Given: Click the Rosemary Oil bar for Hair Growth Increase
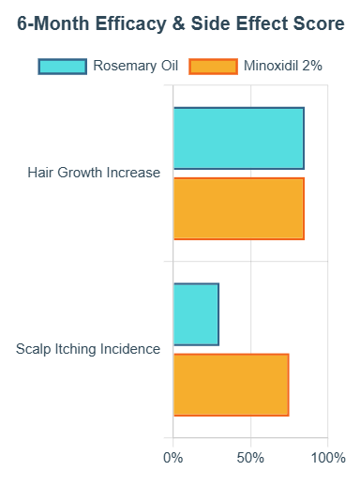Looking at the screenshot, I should pos(238,138).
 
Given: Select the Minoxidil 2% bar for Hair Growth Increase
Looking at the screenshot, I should pos(238,208).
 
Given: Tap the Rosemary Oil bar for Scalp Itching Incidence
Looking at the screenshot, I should pos(196,313).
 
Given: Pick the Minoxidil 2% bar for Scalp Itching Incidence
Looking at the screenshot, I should pos(231,384).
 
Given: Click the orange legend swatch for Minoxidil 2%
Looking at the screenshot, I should pos(212,66).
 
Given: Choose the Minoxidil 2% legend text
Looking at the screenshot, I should pos(283,66).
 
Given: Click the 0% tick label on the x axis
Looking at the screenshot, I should pos(173,458).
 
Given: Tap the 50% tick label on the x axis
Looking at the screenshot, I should pos(250,458).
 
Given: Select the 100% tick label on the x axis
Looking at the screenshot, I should pos(328,458).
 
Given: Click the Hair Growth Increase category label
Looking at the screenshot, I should pos(94,173).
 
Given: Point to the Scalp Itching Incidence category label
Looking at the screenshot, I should pos(88,349).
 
